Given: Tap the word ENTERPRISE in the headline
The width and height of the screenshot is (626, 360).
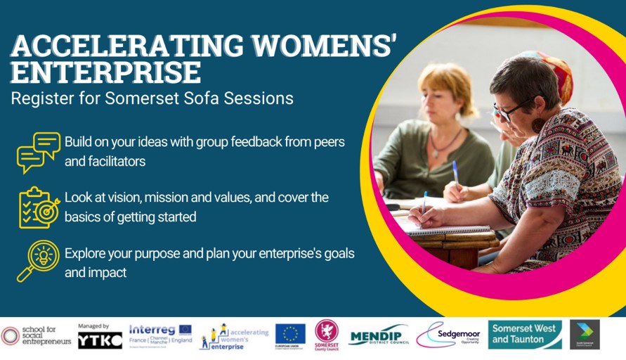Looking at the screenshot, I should (105, 72).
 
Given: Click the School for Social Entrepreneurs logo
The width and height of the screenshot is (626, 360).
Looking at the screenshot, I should (36, 336).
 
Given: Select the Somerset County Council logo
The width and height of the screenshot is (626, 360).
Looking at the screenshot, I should (326, 334).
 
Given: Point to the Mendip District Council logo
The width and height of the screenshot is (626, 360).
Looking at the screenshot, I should (378, 336).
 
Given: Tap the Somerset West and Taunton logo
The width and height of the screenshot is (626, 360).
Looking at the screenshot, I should (526, 334).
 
